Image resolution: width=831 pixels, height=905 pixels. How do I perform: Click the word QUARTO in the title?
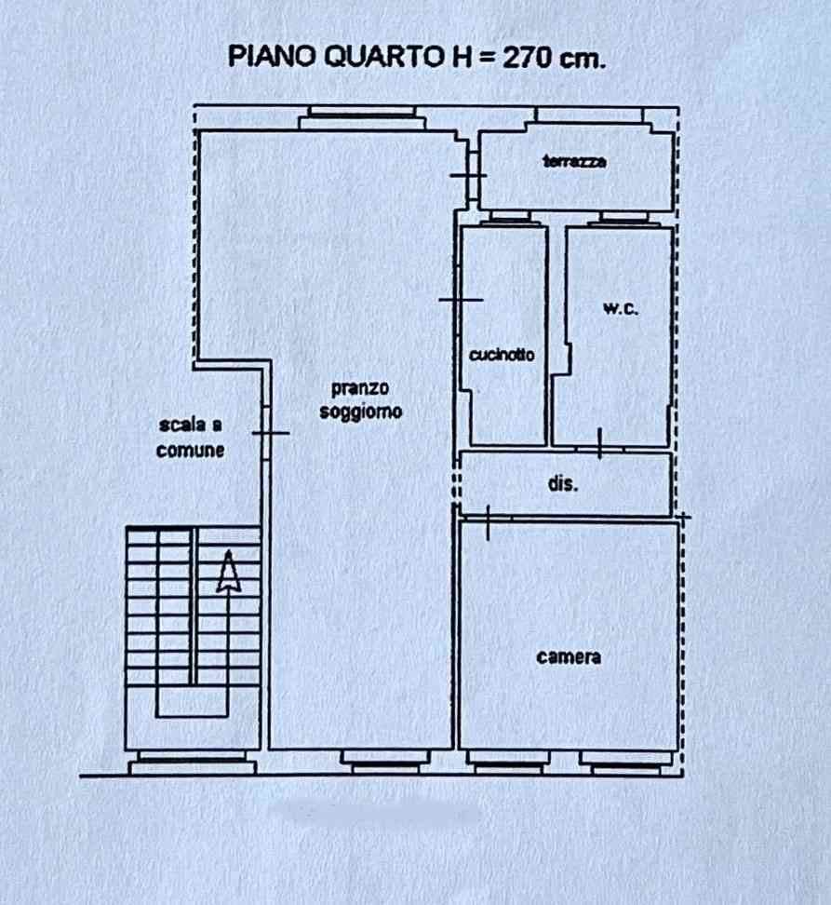[x=382, y=57]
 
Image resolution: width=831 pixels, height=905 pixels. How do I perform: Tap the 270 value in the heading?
[x=527, y=57]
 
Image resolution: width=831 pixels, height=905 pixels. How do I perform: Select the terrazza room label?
[x=574, y=161]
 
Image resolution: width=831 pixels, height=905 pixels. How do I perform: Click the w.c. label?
[x=621, y=308]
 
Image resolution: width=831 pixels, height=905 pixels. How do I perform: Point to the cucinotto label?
[x=502, y=354]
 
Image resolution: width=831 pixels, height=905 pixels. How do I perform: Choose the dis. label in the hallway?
[x=563, y=483]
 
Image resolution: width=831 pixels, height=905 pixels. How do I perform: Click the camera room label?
[x=569, y=656]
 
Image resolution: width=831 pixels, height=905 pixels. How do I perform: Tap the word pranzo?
[x=360, y=388]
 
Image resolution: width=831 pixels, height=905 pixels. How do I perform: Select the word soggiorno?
[x=361, y=412]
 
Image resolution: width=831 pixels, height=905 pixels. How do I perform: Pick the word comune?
[x=191, y=451]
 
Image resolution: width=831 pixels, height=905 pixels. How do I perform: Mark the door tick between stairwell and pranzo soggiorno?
[x=271, y=433]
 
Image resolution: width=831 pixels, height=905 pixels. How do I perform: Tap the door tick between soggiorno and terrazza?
[x=468, y=175]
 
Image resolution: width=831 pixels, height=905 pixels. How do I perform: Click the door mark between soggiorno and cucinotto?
[x=461, y=300]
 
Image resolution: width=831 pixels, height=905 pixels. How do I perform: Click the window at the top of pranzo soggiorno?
[x=362, y=117]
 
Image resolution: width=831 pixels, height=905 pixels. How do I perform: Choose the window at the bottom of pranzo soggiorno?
[x=385, y=762]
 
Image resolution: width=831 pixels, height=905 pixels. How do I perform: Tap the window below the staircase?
[x=193, y=763]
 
